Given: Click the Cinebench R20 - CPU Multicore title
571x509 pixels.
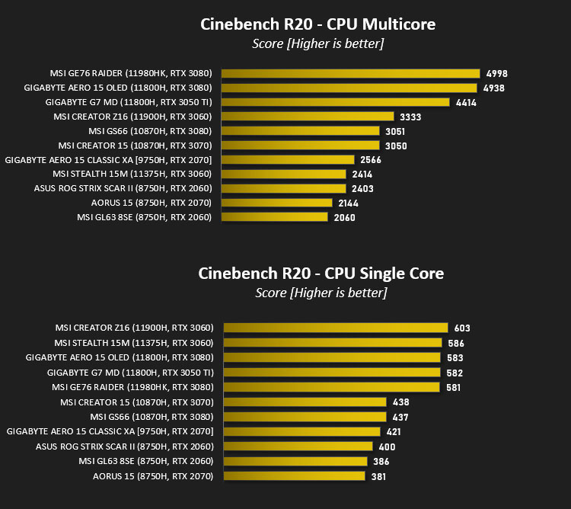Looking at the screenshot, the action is pyautogui.click(x=318, y=24).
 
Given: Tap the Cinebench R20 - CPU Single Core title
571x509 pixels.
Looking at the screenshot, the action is pyautogui.click(x=321, y=274).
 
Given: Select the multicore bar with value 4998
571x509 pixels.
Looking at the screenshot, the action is pyautogui.click(x=351, y=73).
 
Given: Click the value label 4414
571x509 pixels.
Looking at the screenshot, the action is pyautogui.click(x=466, y=103).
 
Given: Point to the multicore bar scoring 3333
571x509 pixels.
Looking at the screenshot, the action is pyautogui.click(x=308, y=117).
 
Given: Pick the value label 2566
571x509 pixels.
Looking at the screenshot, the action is pyautogui.click(x=371, y=160).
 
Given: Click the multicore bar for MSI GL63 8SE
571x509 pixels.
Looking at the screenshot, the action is pyautogui.click(x=275, y=217).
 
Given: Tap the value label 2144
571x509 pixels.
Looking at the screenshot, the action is pyautogui.click(x=348, y=203).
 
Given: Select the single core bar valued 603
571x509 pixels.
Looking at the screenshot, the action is pyautogui.click(x=336, y=328).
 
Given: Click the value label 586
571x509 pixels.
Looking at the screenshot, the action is pyautogui.click(x=456, y=343).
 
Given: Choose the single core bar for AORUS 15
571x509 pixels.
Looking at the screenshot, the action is pyautogui.click(x=294, y=475).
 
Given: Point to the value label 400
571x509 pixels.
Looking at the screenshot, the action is pyautogui.click(x=387, y=447).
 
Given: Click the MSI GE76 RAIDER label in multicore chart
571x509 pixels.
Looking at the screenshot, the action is pyautogui.click(x=131, y=73).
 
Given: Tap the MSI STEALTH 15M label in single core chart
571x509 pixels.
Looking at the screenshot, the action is pyautogui.click(x=134, y=343).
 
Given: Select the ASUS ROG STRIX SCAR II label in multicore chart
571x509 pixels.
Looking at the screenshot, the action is pyautogui.click(x=123, y=188).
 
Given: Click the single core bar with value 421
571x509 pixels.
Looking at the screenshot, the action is pyautogui.click(x=302, y=432).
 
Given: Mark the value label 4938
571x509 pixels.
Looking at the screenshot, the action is pyautogui.click(x=494, y=88).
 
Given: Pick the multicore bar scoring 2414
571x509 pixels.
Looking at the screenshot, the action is pyautogui.click(x=284, y=174).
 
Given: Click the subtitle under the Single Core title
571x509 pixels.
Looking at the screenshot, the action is pyautogui.click(x=321, y=293).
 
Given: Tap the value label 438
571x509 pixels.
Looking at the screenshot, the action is pyautogui.click(x=400, y=402).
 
